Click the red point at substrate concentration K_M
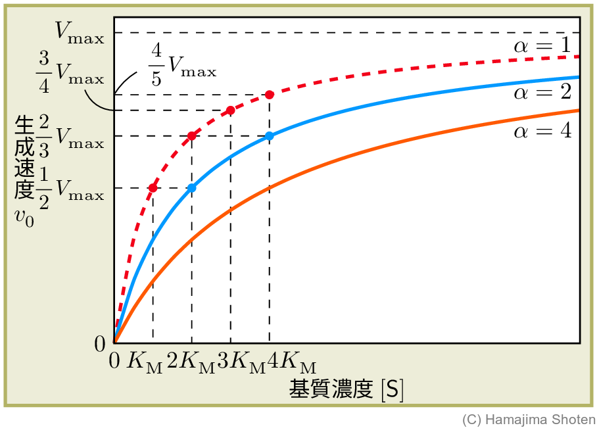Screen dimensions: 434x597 point(153,188)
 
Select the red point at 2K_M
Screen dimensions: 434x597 point(191,136)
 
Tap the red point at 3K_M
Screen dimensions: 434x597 point(230,110)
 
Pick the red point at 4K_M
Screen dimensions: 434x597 point(269,95)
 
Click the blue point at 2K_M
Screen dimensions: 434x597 point(191,188)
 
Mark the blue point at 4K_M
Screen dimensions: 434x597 point(269,136)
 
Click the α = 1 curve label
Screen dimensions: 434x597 point(542,47)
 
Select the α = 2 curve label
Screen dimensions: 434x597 point(542,93)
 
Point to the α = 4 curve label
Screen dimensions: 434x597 point(542,131)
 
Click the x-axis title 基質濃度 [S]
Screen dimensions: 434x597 point(346,390)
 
